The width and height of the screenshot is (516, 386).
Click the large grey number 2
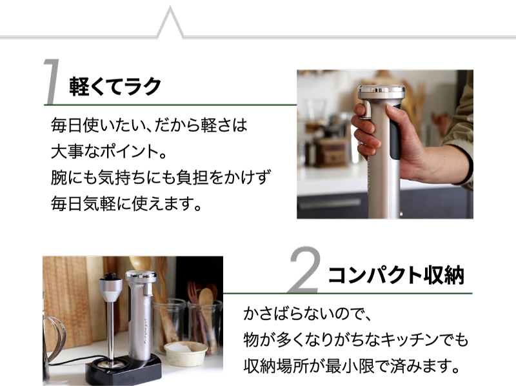click(x=304, y=269)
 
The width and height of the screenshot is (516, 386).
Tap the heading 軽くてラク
click(x=115, y=86)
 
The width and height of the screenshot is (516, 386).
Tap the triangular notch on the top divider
click(x=170, y=23)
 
